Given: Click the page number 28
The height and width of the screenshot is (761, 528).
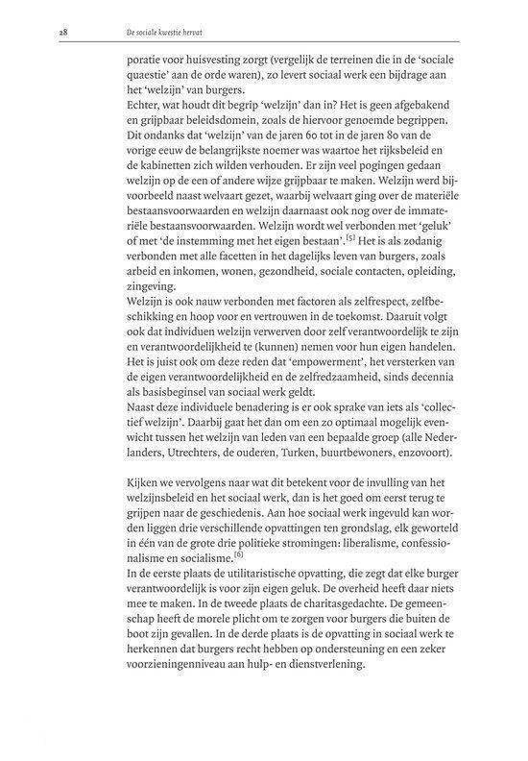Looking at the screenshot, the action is point(36,34).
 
